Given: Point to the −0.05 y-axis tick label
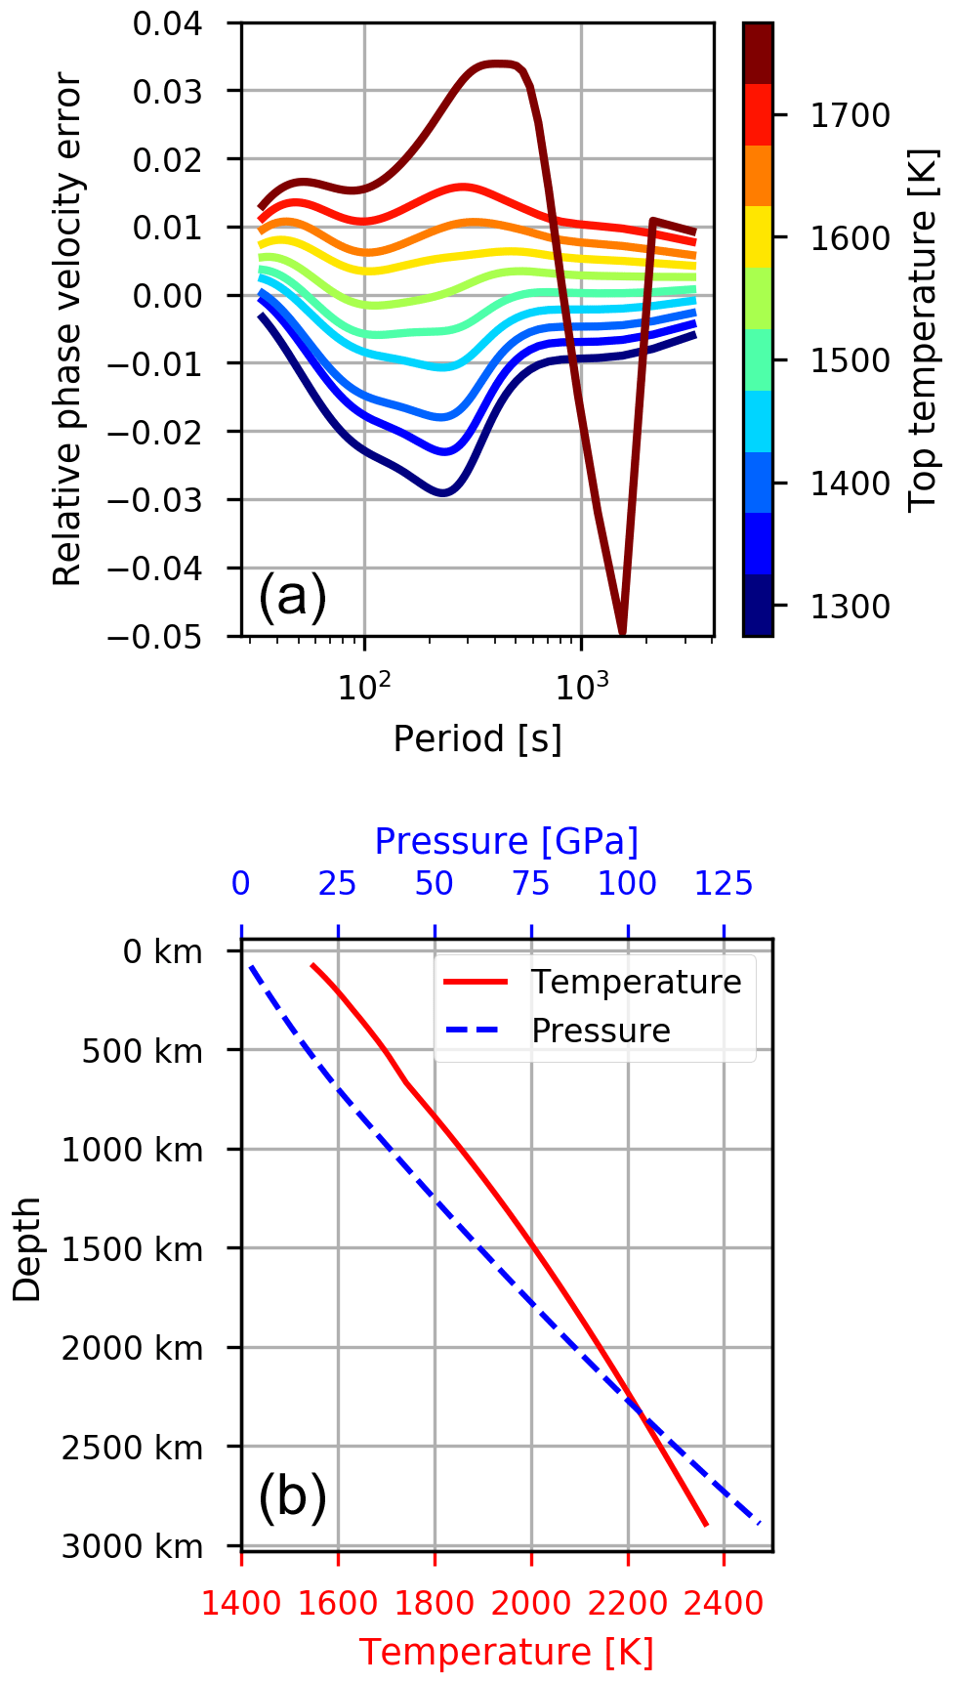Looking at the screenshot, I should pyautogui.click(x=168, y=637).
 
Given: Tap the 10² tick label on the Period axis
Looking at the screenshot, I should pyautogui.click(x=363, y=686).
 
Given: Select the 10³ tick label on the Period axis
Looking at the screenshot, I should pyautogui.click(x=581, y=686).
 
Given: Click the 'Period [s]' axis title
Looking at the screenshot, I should pyautogui.click(x=477, y=738).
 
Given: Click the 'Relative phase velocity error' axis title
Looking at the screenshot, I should pyautogui.click(x=67, y=329).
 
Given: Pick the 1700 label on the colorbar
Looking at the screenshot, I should pyautogui.click(x=850, y=115).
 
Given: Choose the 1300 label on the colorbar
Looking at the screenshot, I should pyautogui.click(x=850, y=607).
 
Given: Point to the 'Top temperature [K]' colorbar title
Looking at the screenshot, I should pyautogui.click(x=922, y=329).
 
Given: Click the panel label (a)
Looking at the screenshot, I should pyautogui.click(x=292, y=596).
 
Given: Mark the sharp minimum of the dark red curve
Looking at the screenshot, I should pyautogui.click(x=622, y=632).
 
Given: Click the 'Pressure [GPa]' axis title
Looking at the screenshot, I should pyautogui.click(x=506, y=841).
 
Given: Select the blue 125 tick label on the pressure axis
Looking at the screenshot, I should pyautogui.click(x=724, y=884).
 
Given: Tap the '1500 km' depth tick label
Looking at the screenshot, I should pyautogui.click(x=133, y=1249).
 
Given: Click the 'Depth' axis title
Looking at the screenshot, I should pyautogui.click(x=27, y=1249).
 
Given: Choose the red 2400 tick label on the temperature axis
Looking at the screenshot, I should pyautogui.click(x=724, y=1603).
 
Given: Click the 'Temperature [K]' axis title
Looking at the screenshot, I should pyautogui.click(x=506, y=1652).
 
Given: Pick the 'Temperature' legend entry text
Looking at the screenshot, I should pyautogui.click(x=636, y=982).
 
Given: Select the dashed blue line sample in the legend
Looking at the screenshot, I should pyautogui.click(x=476, y=1031).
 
